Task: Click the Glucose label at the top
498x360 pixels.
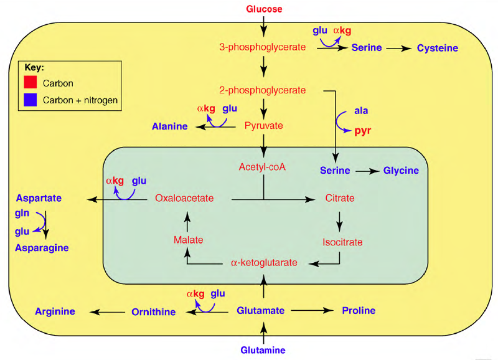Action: [264, 9]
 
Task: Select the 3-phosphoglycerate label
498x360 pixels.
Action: [262, 47]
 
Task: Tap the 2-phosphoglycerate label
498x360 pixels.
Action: [262, 90]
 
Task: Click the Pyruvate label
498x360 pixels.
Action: [263, 125]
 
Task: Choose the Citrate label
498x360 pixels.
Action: [340, 199]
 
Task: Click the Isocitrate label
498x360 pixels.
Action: [342, 242]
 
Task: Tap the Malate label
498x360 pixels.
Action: [188, 240]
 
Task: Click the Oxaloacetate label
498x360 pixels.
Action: [184, 199]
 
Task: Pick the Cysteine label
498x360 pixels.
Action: [438, 48]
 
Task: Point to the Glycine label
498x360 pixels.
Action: [401, 171]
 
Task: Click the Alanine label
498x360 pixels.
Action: [170, 126]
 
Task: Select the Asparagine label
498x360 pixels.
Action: [42, 248]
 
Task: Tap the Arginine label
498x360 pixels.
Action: [55, 311]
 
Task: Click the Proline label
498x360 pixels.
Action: [359, 310]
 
